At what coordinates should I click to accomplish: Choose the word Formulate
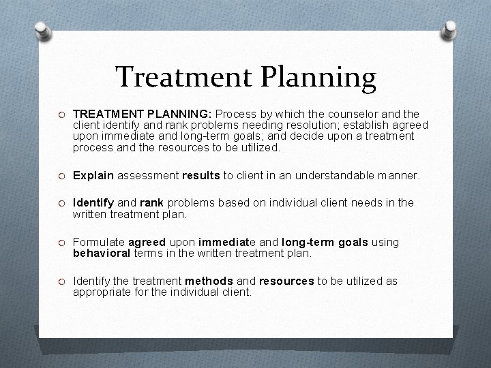click(x=98, y=242)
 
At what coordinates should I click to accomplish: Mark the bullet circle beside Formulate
click(x=61, y=243)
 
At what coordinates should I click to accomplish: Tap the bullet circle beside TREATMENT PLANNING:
click(x=61, y=114)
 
